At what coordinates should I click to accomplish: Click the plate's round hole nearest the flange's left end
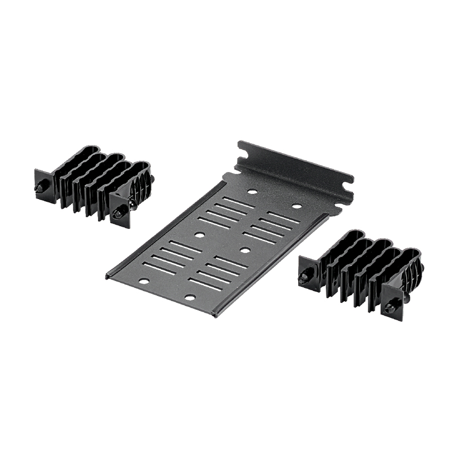[x=252, y=191]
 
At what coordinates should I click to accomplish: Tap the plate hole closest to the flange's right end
[x=297, y=206]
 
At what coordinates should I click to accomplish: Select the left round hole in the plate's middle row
[x=199, y=234]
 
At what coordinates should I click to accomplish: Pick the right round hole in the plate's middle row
[x=244, y=249]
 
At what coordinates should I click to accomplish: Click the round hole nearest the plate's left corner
[x=144, y=281]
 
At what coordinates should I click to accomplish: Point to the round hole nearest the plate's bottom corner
[x=190, y=297]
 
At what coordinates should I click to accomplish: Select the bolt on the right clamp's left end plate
[x=305, y=277]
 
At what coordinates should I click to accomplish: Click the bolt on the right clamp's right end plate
[x=390, y=307]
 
